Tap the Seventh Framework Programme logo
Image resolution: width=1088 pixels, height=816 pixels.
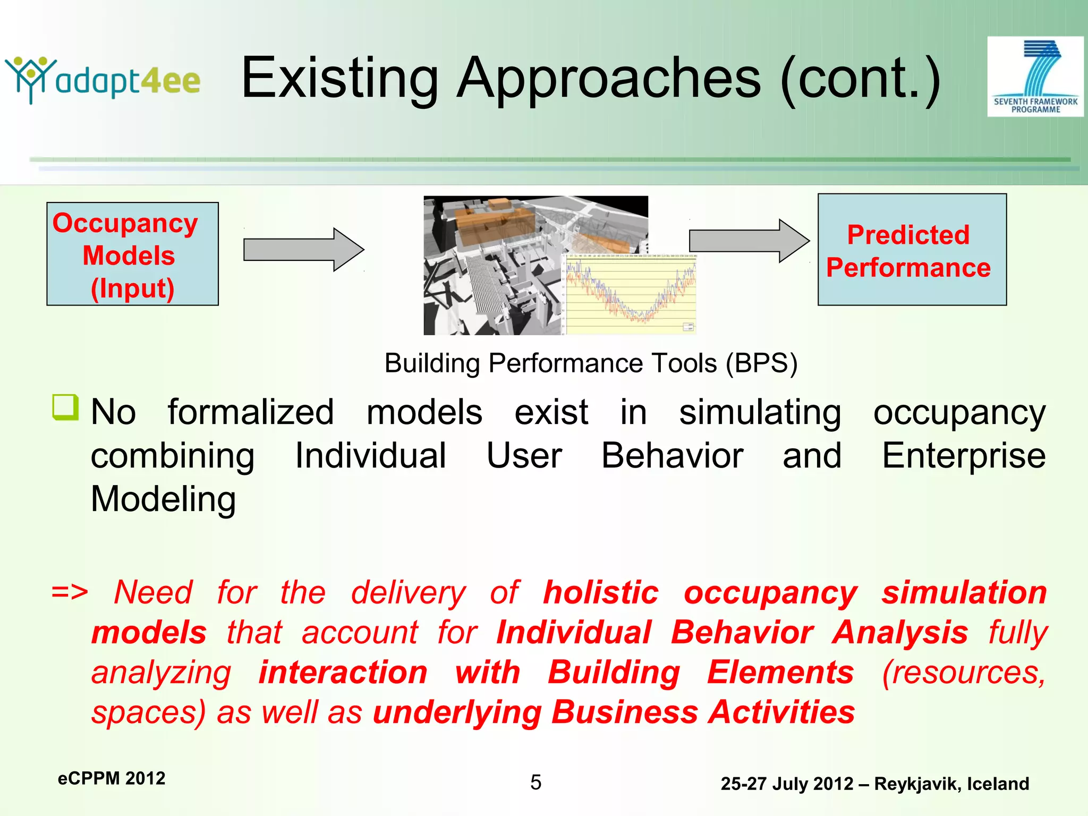[1035, 76]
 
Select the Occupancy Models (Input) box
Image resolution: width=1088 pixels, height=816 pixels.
[132, 254]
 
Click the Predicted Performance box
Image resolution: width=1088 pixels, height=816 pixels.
[912, 250]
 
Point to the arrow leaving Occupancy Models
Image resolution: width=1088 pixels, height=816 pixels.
[303, 250]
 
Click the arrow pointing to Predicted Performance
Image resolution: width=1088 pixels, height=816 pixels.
[748, 241]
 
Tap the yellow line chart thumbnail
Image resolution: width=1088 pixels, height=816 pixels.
[630, 294]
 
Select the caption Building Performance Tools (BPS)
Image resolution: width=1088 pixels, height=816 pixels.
[591, 363]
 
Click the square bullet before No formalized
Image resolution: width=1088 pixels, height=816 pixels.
[65, 407]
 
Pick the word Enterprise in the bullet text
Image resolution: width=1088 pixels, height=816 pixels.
[963, 456]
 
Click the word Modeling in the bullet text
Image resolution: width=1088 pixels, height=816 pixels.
[163, 499]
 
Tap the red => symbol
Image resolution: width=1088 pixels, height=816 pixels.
[70, 592]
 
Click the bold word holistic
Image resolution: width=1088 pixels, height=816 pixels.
[600, 592]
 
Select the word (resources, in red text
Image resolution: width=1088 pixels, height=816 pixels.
[963, 673]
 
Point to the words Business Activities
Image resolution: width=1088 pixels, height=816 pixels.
[703, 712]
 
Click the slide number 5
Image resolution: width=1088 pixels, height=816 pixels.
[535, 782]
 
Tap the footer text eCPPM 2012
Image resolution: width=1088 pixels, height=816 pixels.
[112, 778]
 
